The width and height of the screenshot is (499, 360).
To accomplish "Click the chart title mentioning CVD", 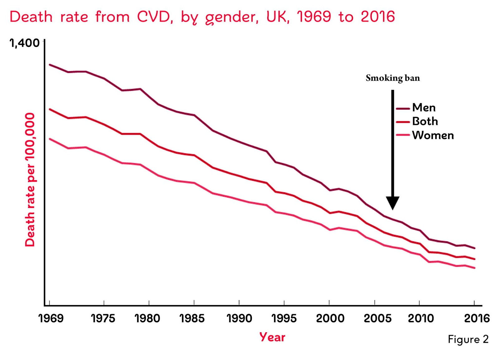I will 202,17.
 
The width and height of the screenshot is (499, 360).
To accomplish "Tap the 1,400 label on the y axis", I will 25,43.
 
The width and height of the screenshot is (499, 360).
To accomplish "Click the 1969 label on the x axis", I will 51,318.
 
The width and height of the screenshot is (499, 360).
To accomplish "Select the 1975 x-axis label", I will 103,318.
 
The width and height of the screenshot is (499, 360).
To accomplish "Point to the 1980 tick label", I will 147,318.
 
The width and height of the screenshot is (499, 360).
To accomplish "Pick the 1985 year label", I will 192,318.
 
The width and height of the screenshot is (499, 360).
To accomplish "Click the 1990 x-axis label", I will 239,318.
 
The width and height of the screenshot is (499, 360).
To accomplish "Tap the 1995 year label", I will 284,318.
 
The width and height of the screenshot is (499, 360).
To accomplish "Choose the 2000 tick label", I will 330,318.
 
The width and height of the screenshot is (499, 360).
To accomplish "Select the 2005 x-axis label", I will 378,318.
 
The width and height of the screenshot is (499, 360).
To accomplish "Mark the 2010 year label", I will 421,318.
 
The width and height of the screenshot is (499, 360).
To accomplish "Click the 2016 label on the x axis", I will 477,318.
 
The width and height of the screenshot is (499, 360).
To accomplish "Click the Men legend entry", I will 424,108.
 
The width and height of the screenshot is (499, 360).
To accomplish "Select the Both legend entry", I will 425,121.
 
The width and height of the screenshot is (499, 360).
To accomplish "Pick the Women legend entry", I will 433,135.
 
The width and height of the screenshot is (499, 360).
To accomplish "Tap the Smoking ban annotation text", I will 393,78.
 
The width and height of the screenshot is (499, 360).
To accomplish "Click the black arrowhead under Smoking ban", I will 393,203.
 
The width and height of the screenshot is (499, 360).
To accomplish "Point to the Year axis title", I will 272,337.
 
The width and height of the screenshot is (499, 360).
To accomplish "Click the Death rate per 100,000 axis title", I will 30,180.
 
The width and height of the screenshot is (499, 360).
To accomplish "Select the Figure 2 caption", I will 468,339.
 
